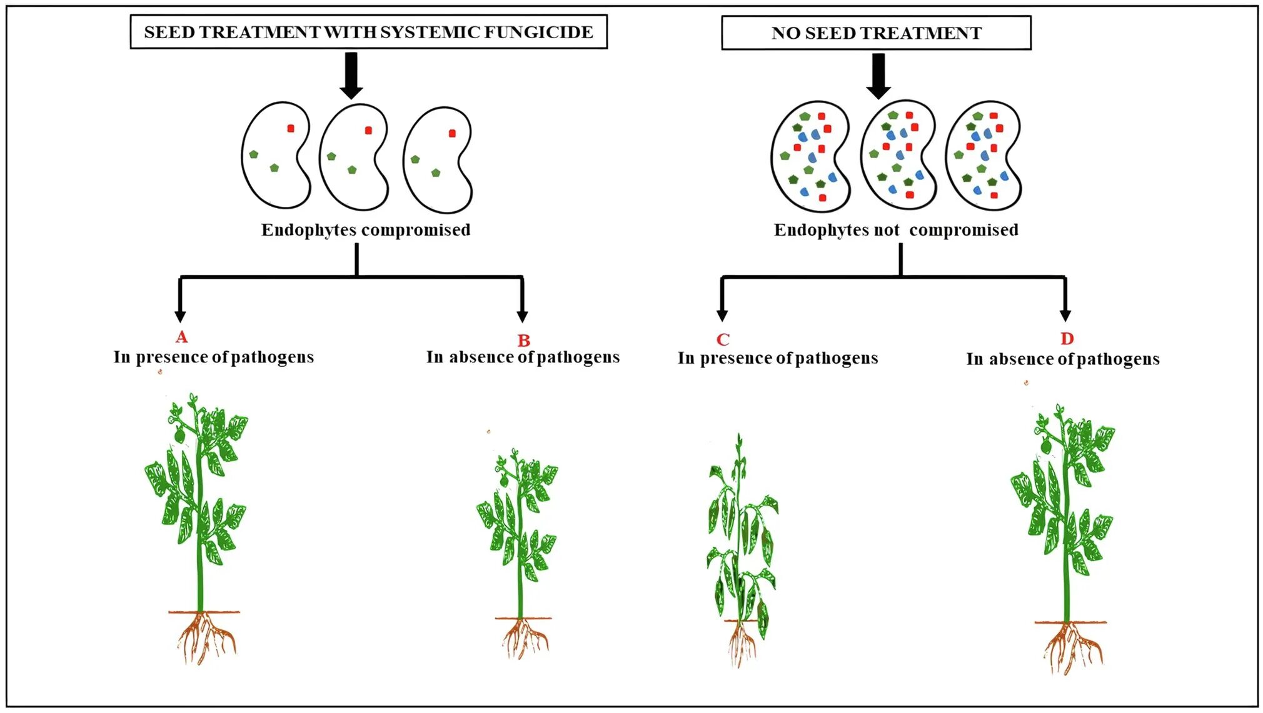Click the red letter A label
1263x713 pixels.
(181, 337)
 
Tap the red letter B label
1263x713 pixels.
(524, 341)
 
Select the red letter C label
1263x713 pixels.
(723, 339)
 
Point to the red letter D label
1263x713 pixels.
(1067, 339)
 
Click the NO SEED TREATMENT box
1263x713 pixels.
(876, 33)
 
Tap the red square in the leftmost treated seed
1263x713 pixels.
(291, 129)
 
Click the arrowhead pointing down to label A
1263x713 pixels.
(180, 315)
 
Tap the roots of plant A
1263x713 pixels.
(205, 637)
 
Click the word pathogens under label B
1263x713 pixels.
(578, 357)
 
